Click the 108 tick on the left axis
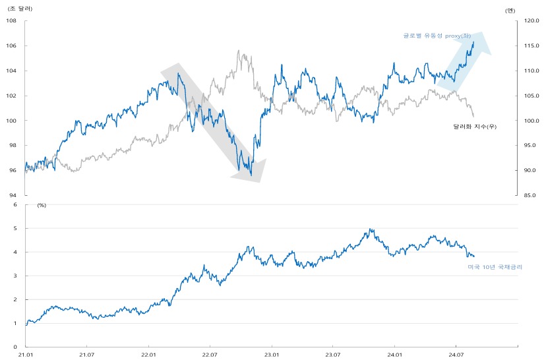pos(11,20)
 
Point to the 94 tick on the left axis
pos(13,195)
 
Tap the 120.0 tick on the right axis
pos(531,20)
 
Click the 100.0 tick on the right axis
pos(531,121)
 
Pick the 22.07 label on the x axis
pos(210,355)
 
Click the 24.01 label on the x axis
pos(394,355)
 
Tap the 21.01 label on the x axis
pos(25,355)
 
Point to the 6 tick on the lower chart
pos(15,204)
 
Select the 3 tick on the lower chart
pos(15,276)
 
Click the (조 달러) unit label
pos(20,9)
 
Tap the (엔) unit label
pos(510,11)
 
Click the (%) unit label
pos(42,205)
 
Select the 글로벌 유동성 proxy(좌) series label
pos(437,36)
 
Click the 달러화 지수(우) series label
pos(475,127)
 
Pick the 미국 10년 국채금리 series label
pos(495,267)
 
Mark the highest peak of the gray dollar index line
pos(239,51)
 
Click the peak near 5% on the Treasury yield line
pos(370,229)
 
